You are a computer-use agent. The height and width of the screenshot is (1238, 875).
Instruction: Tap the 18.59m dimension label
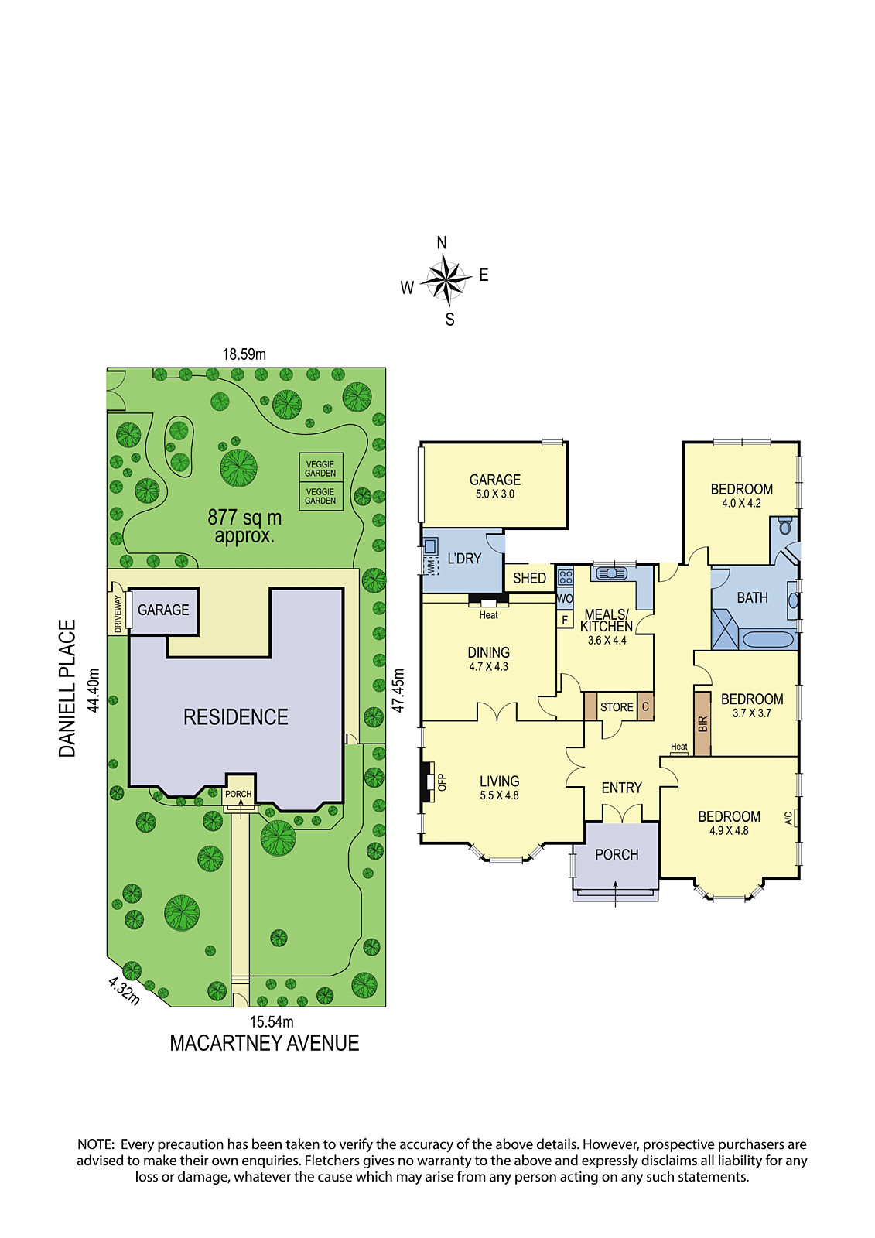pos(244,354)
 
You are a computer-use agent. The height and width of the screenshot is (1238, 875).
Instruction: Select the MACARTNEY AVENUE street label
pos(265,1043)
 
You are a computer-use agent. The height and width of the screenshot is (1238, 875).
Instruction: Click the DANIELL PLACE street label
pos(67,688)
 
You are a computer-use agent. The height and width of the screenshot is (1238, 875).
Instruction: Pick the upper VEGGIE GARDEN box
pos(320,468)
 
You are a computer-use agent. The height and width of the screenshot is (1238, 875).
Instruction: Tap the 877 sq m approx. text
pos(244,526)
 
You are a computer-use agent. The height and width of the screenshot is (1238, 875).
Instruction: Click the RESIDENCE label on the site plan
pos(235,716)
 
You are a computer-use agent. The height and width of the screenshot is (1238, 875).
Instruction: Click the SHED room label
pos(529,578)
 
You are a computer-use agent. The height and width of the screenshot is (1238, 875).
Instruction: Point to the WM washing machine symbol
pos(429,566)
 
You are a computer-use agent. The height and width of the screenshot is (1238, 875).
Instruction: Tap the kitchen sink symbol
pos(610,573)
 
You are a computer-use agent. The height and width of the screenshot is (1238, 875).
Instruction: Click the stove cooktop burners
pos(565,577)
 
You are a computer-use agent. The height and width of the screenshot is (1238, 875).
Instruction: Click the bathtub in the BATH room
pos(767,640)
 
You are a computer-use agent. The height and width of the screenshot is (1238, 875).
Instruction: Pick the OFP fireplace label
pos(442,782)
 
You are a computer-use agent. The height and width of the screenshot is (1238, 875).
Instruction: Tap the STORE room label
pos(617,707)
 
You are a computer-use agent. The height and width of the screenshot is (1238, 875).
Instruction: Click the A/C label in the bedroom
pos(788,817)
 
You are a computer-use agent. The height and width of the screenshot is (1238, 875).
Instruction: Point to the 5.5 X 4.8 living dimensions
pos(499,795)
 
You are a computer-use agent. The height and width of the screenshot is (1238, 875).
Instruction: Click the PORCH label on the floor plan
pos(617,854)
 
